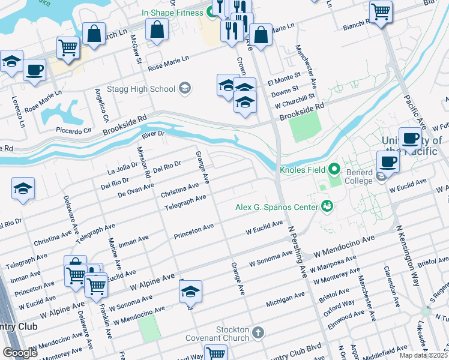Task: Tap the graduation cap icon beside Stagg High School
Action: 185,89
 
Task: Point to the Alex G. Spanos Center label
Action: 276,208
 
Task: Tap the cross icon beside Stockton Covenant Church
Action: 258,332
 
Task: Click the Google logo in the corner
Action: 20,353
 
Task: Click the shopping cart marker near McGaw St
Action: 68,47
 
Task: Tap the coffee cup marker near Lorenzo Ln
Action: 34,70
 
